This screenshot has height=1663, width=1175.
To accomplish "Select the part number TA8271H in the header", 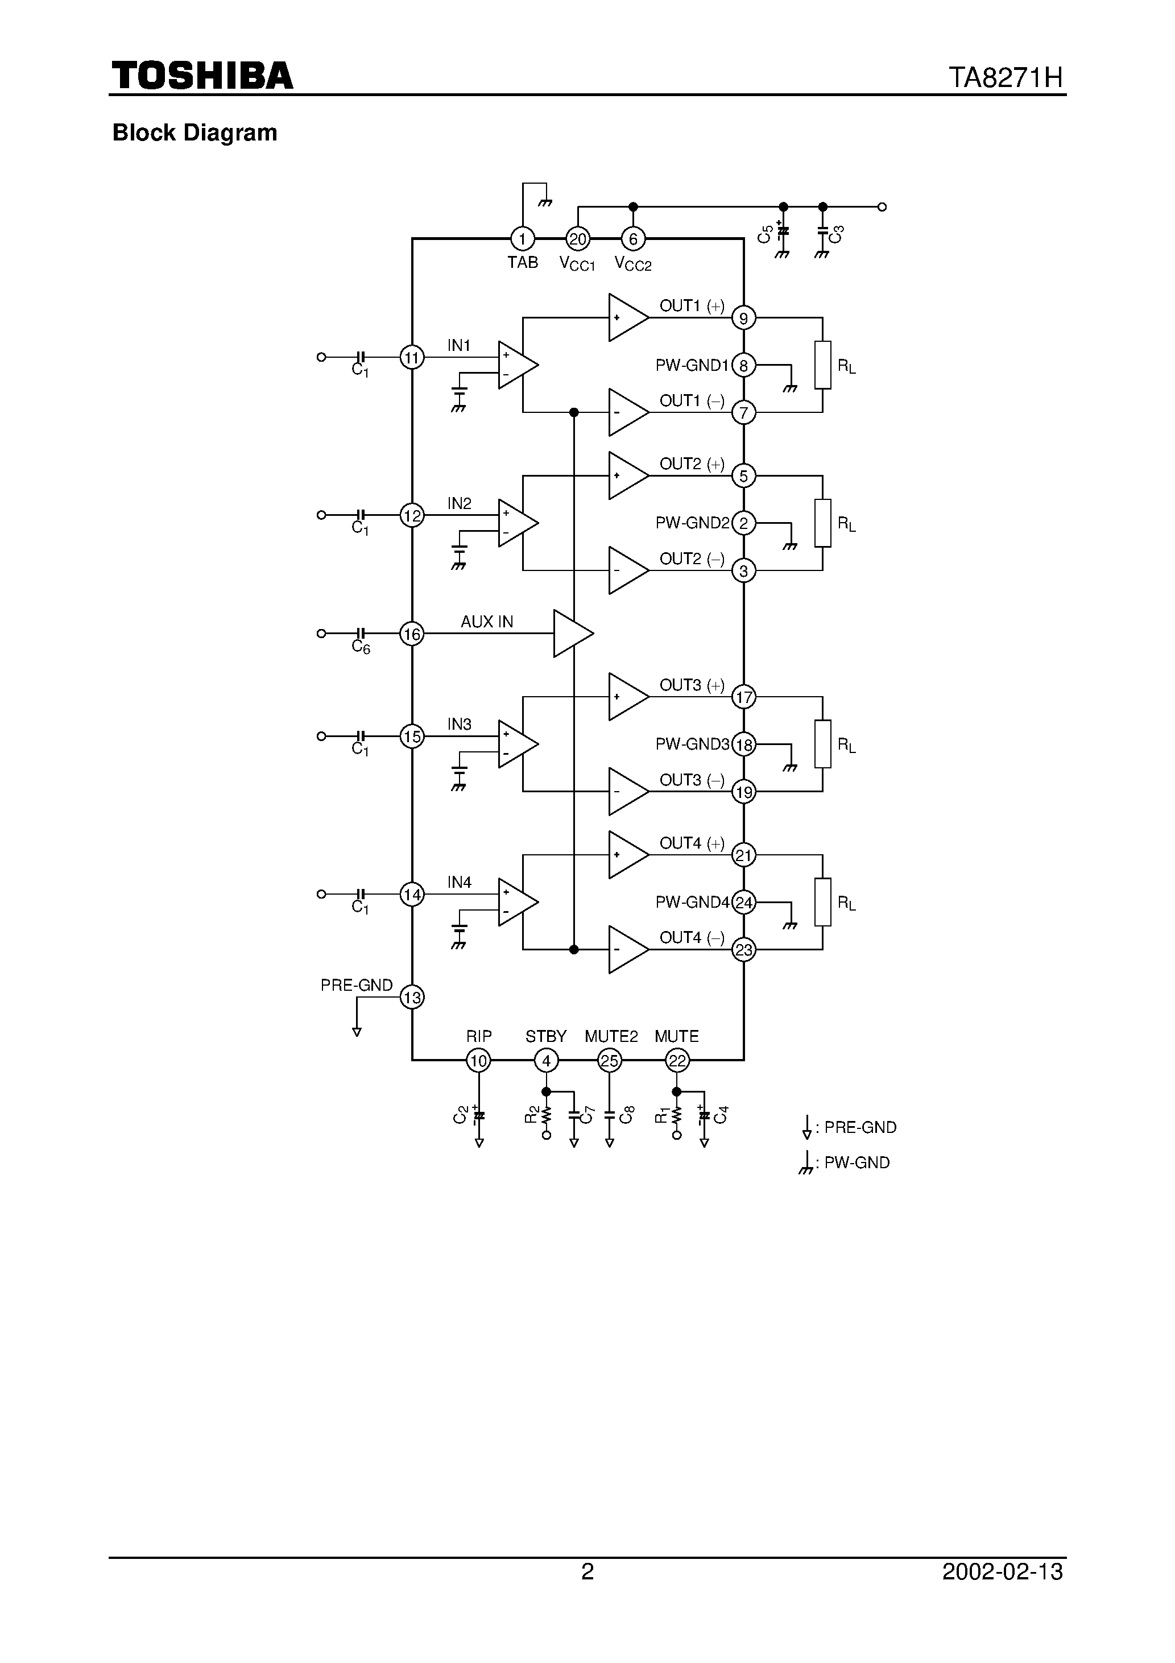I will [x=1006, y=77].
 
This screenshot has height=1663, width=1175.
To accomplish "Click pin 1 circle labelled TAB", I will [x=522, y=238].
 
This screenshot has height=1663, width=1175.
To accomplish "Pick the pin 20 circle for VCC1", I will [x=577, y=238].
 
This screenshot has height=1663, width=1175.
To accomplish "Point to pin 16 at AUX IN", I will [x=411, y=634].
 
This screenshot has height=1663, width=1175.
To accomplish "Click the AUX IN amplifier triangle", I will [x=572, y=634].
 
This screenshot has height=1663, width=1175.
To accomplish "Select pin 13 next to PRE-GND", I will [x=411, y=998].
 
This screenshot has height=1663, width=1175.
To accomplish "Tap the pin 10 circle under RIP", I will [x=478, y=1061].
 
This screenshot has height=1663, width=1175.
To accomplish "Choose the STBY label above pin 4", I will [x=545, y=1036].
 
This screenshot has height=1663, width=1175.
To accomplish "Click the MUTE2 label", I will [x=611, y=1036].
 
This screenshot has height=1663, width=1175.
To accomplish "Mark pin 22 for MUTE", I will [x=677, y=1061].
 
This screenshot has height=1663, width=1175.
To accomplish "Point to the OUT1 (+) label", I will [x=691, y=305].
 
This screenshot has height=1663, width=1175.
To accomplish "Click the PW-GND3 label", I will [x=692, y=744].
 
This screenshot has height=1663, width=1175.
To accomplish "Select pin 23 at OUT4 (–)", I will [x=744, y=950].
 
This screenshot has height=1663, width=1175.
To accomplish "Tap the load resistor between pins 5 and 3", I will [x=822, y=523].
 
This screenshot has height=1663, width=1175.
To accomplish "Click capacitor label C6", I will [x=360, y=647].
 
